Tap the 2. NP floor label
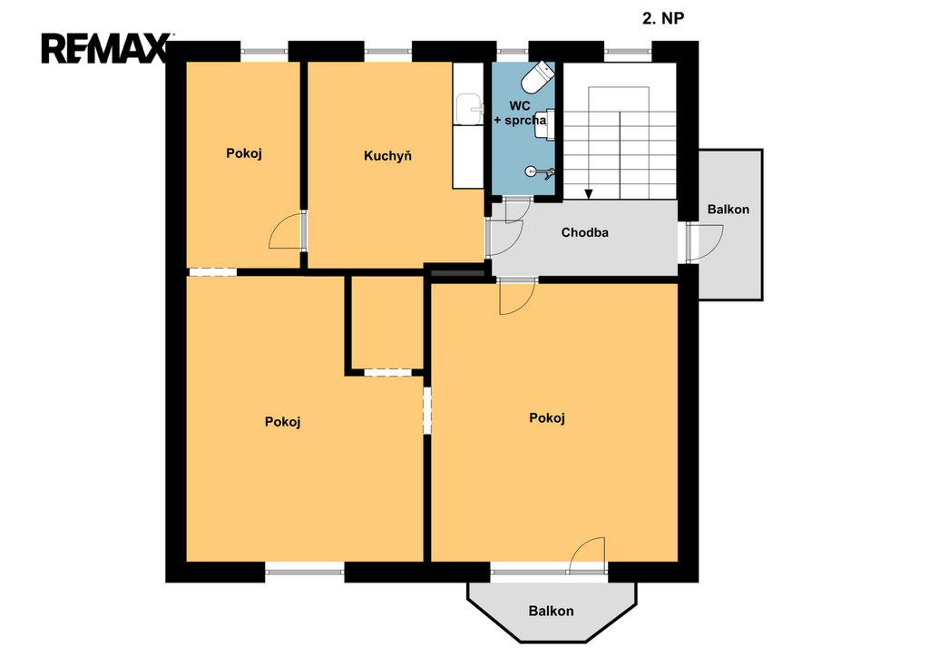(663, 18)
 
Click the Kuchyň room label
(387, 156)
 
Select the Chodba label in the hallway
(585, 232)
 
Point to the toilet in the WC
(538, 77)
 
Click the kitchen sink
(470, 109)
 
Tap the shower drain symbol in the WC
(532, 171)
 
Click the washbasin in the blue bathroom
(545, 124)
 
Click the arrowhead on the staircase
(588, 194)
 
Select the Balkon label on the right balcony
(729, 210)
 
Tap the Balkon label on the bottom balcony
(551, 611)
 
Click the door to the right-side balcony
(705, 241)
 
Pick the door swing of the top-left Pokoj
(287, 230)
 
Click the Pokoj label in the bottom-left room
(283, 422)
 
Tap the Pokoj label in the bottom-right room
(547, 418)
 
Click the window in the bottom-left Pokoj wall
(305, 572)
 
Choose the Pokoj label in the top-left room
(244, 153)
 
